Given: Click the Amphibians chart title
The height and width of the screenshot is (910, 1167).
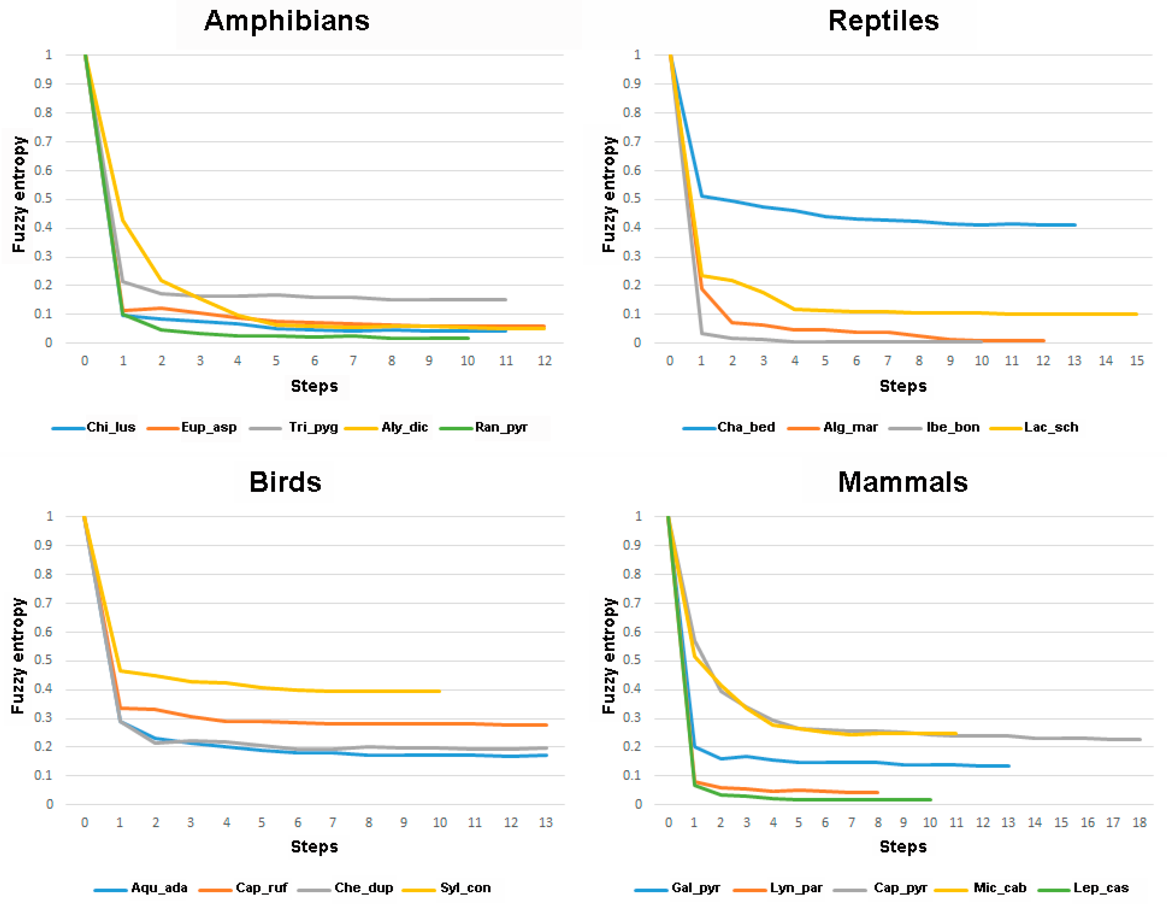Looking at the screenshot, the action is pos(287,21).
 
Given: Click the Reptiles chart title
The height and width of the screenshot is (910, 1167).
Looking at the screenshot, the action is pos(883,21).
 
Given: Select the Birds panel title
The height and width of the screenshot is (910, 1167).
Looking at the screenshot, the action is pos(285,482).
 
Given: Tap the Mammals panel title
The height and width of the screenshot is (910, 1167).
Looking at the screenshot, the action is pos(903,482).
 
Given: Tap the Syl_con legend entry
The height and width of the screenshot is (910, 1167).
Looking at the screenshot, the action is pos(447,888).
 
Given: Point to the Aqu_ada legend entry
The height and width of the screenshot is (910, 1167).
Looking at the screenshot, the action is pos(140,888).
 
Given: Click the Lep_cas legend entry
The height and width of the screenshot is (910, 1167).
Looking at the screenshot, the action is pos(1083,888).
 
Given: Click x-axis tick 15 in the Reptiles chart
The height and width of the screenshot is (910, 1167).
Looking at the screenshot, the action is pos(1137,361).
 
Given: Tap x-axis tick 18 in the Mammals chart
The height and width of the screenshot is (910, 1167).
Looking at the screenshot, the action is pos(1139,822).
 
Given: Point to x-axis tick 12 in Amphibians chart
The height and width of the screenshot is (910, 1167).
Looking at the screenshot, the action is pos(544,361).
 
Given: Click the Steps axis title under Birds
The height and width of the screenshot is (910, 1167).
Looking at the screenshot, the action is pos(314,847).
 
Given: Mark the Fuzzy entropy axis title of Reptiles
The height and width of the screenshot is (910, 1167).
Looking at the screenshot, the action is pos(609,194).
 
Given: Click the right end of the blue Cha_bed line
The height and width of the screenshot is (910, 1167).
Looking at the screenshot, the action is pos(1075,225).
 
